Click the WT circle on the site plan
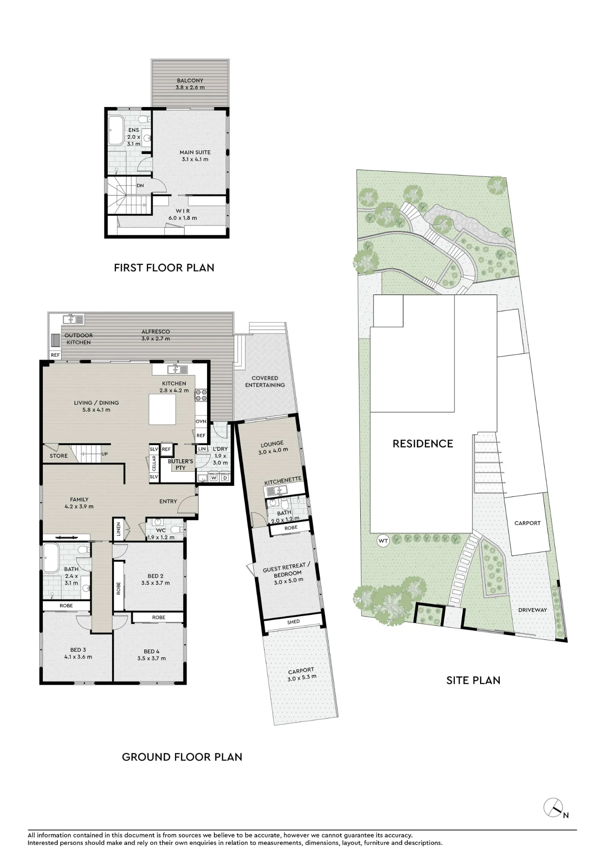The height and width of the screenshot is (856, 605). point(383,541)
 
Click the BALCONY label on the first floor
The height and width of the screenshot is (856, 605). point(190,80)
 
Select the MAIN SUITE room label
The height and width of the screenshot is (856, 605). point(195,152)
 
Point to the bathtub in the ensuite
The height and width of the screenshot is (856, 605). point(116,131)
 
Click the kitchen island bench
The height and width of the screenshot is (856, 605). point(162,409)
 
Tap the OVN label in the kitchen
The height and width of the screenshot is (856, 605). point(201,422)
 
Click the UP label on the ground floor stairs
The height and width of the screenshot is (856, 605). point(104,454)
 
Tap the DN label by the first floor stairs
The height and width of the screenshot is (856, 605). point(140,186)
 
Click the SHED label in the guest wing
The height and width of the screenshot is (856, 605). point(294,622)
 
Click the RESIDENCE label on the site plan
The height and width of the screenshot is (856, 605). point(423,444)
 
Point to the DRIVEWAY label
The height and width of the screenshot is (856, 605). point(533,610)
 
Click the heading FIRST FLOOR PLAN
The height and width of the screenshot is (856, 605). point(164,268)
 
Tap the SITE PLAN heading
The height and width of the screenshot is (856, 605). point(473,681)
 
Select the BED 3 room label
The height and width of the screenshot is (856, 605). point(78,650)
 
